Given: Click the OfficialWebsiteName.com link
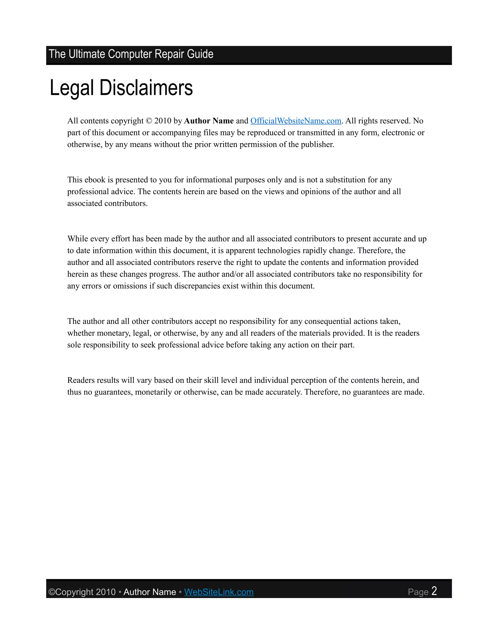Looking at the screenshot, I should [296, 121].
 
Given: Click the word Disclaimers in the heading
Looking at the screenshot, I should [146, 88].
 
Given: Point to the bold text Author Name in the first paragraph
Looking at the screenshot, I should [209, 121].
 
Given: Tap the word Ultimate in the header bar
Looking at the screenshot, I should [87, 54].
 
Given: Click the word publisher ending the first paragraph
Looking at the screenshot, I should [317, 145].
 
